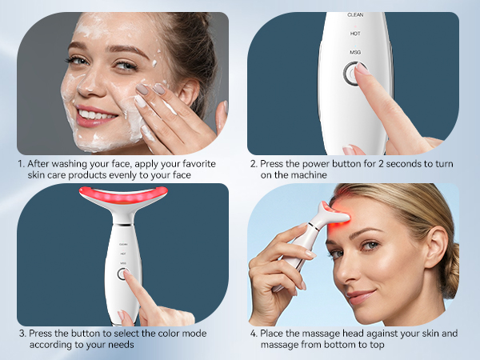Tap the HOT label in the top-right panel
click(355, 34)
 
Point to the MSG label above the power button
click(355, 52)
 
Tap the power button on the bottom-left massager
click(124, 274)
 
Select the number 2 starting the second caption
click(253, 163)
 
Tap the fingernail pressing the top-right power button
click(362, 70)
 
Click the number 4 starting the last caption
click(253, 332)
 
